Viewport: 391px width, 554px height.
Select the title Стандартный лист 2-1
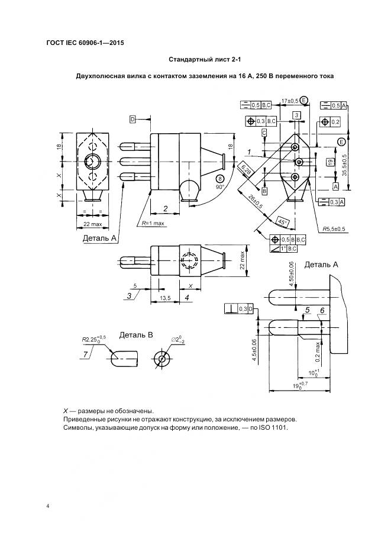[x=205, y=60]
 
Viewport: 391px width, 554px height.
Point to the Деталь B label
[x=136, y=335]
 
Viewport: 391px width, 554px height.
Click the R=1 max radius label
[x=153, y=223]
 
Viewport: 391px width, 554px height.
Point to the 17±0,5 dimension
[x=290, y=101]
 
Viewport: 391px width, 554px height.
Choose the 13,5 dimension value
[x=165, y=298]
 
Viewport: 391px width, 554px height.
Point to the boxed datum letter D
[x=133, y=120]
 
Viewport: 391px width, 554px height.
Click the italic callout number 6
[x=322, y=310]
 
